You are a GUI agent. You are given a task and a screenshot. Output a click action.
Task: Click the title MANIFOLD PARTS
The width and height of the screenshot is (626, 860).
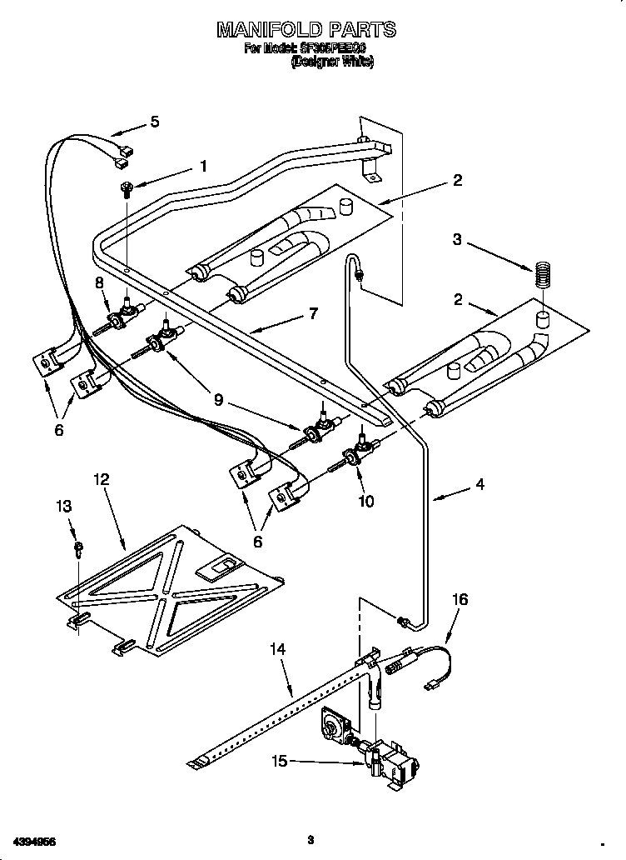306,30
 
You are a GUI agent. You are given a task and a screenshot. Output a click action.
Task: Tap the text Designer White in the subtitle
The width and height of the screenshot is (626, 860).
331,61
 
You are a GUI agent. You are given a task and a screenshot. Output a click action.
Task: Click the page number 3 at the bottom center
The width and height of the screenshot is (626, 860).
310,838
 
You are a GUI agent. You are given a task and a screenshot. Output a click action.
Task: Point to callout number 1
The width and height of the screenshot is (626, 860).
202,166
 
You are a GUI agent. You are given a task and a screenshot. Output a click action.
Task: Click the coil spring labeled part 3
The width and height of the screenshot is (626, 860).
542,276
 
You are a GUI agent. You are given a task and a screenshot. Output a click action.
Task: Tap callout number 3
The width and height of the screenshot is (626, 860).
456,240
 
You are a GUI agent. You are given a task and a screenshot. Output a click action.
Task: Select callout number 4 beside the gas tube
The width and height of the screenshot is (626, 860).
480,483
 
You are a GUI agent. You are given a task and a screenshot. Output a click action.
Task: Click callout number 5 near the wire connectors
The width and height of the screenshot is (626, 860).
154,122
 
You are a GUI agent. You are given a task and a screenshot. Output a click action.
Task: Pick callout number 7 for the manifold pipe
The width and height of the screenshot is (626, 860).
313,314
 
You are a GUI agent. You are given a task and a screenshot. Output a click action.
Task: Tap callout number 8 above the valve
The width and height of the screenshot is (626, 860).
100,282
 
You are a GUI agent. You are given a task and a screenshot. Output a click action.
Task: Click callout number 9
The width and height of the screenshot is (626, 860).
218,399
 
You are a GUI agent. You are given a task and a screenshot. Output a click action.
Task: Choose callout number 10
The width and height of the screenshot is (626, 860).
365,502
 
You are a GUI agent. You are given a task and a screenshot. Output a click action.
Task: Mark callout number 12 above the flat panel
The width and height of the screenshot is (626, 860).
101,480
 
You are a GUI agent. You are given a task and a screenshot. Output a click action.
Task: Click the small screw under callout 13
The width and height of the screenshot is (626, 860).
77,547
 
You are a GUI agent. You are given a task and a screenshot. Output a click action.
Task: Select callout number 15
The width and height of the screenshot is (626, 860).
281,759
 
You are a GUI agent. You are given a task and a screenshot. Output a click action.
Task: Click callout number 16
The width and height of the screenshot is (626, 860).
460,599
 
